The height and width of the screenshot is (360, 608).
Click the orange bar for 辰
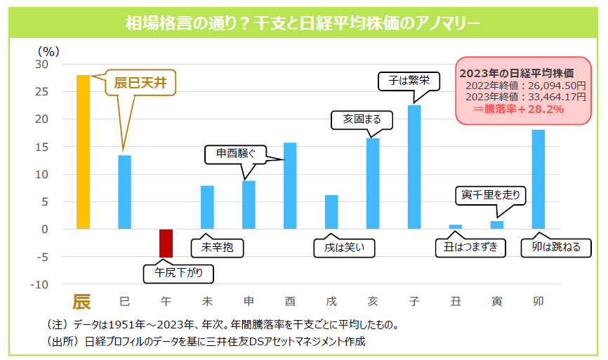click(83, 152)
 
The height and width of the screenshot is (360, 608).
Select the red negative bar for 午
click(166, 244)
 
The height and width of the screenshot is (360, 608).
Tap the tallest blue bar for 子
click(414, 167)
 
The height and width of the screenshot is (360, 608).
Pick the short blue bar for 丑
click(456, 227)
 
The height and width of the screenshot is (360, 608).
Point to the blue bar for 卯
click(538, 179)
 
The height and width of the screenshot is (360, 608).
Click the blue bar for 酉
click(290, 186)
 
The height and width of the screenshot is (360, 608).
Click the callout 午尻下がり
click(178, 274)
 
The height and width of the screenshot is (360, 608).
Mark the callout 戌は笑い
click(344, 248)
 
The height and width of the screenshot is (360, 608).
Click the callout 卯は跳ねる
click(555, 248)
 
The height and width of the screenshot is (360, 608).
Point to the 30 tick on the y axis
click(42, 64)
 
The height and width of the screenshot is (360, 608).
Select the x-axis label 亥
click(373, 302)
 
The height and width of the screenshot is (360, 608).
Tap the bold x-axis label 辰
click(83, 302)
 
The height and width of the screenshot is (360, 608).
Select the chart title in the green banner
click(303, 23)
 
